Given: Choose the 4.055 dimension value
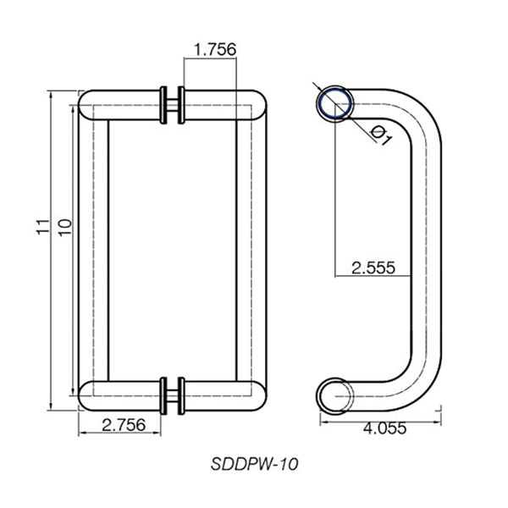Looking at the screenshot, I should click(383, 428).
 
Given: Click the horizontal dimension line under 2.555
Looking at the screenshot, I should click(373, 278).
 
